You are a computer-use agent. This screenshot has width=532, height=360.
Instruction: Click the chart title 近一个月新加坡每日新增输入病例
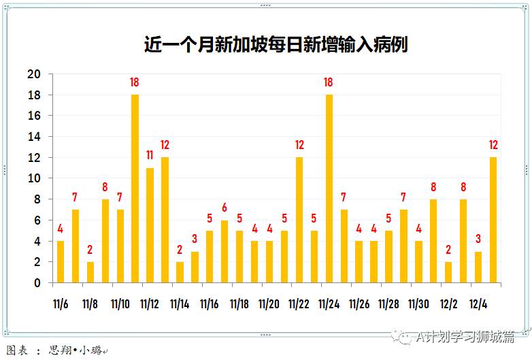click(276, 45)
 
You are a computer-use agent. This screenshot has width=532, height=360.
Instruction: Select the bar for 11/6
click(61, 262)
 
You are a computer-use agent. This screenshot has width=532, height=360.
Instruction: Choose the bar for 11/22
click(299, 220)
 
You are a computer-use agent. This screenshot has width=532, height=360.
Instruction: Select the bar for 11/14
click(180, 272)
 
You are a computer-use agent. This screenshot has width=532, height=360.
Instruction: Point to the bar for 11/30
click(418, 262)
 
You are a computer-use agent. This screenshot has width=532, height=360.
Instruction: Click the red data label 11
click(150, 155)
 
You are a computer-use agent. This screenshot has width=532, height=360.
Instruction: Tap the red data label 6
click(224, 208)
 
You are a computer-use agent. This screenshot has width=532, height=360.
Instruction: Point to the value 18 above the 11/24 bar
click(329, 82)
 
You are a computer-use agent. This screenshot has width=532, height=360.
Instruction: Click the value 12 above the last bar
click(493, 145)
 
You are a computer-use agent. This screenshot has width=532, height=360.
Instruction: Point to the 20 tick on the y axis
click(34, 74)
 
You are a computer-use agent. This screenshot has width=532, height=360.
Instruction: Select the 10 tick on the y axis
click(34, 178)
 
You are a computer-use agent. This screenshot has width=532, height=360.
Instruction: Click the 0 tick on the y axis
click(37, 283)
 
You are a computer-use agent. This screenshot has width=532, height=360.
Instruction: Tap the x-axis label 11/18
click(239, 304)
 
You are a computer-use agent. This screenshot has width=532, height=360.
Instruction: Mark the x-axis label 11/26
click(359, 304)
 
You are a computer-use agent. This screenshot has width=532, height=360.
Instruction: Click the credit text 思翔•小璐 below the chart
click(75, 350)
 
